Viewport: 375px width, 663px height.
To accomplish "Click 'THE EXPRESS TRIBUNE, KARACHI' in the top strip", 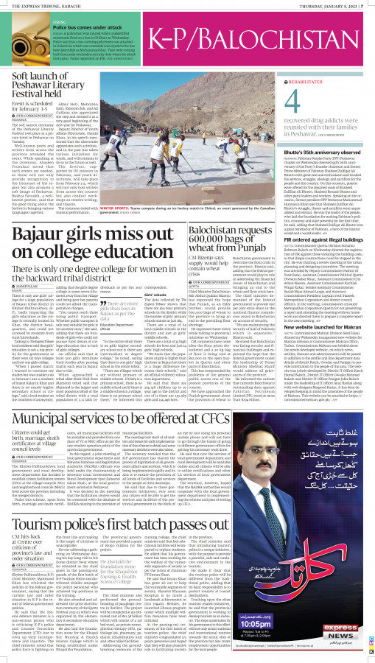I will point(35,4).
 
